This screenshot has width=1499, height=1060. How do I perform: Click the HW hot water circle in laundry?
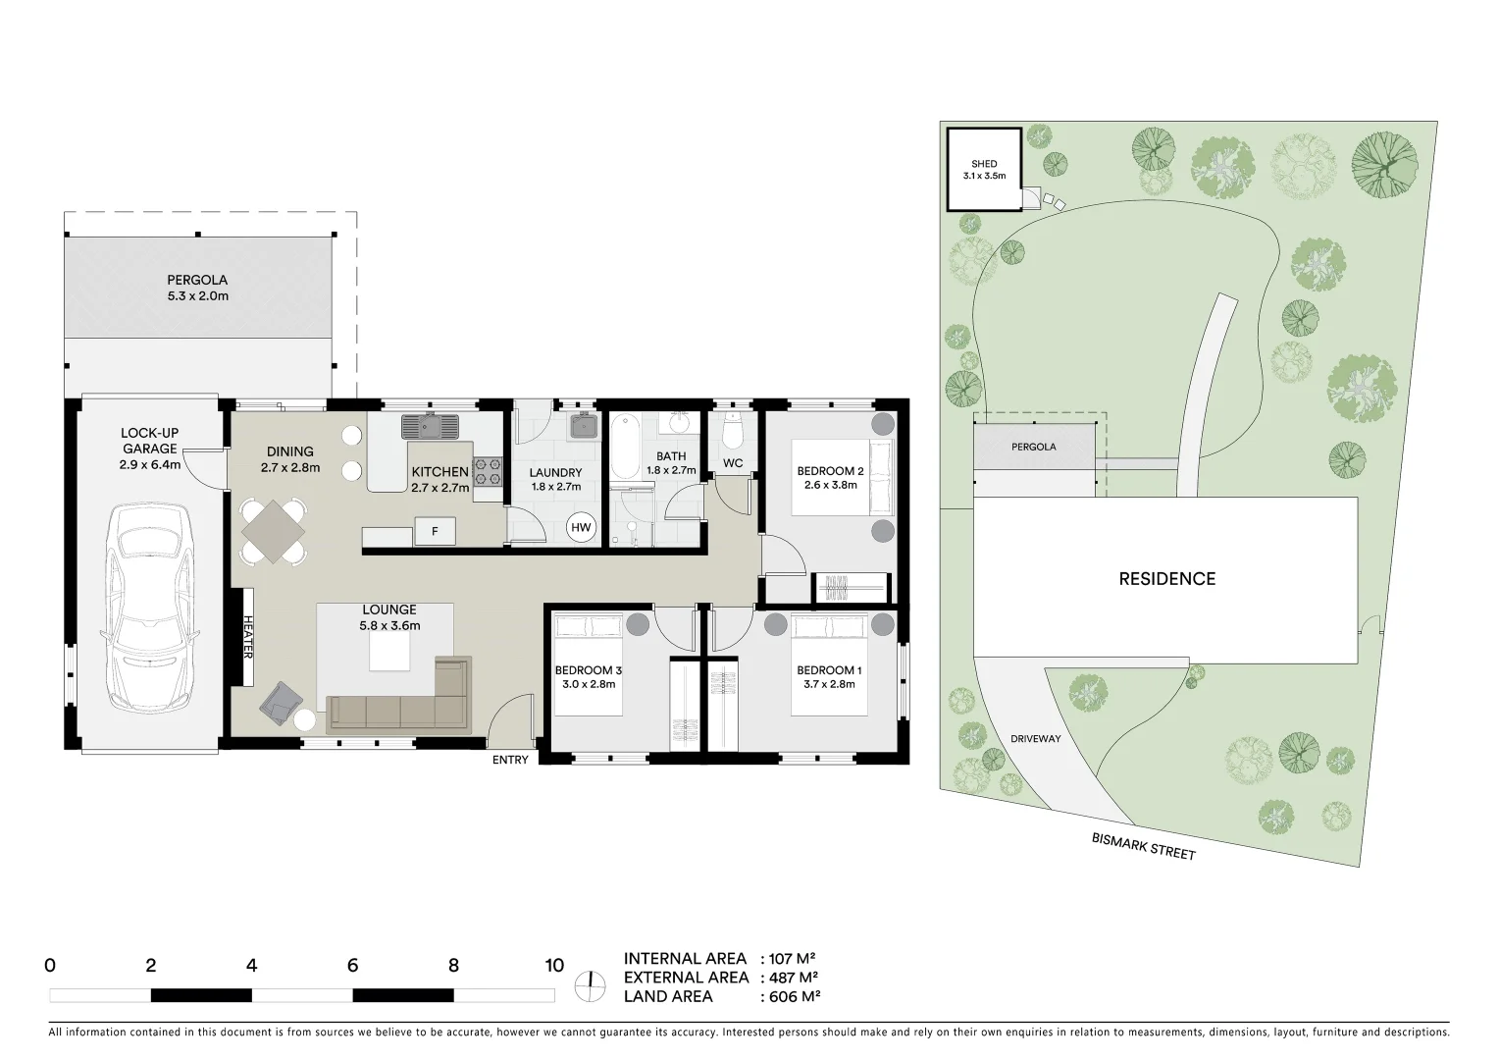582,528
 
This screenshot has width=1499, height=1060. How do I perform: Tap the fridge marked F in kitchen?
435,533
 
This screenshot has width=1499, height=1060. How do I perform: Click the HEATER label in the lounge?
247,637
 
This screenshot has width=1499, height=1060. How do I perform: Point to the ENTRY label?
510,760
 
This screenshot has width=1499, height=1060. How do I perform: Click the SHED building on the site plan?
983,170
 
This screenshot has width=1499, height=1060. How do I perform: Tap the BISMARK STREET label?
1143,846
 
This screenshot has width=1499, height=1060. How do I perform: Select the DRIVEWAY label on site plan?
1035,739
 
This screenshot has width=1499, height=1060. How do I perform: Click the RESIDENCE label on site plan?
1166,579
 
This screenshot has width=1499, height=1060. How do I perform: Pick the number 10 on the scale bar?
554,965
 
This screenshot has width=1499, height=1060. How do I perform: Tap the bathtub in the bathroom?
625,449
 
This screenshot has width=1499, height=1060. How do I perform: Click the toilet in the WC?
733,432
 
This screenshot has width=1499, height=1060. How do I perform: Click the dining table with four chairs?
274,531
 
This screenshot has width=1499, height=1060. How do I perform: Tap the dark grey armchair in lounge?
281,702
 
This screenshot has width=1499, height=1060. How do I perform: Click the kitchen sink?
430,427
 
